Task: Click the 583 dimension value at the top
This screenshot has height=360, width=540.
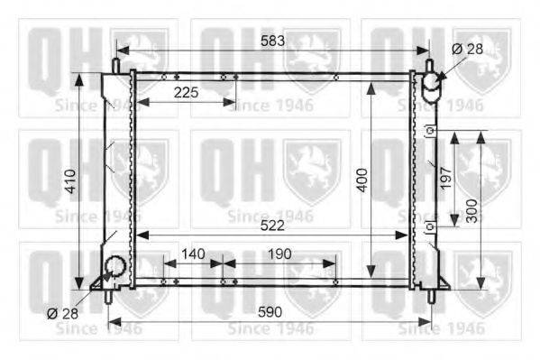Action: [272, 41]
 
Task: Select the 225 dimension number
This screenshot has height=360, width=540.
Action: [186, 92]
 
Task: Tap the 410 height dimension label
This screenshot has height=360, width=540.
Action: [70, 181]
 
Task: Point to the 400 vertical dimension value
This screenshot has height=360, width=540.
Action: [362, 180]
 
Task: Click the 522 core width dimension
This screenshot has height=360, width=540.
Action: [272, 226]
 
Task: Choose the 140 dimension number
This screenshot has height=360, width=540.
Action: [193, 254]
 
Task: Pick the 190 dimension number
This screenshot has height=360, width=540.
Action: [279, 254]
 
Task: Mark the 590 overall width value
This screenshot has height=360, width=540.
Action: [270, 312]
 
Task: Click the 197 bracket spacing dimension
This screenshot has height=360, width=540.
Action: [445, 178]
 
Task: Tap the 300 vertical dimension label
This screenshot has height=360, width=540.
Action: [471, 211]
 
